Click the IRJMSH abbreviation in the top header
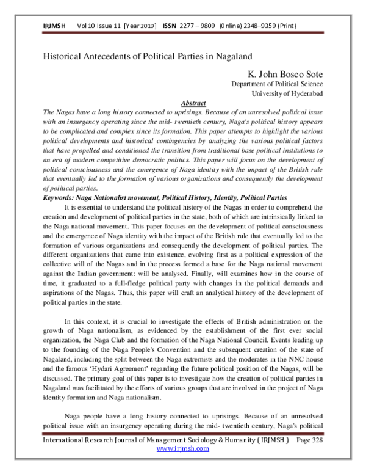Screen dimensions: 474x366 tap(54, 27)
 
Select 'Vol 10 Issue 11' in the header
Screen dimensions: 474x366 tap(99, 27)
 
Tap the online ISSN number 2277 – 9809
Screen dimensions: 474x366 tap(203, 27)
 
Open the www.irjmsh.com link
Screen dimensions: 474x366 tap(183, 465)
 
